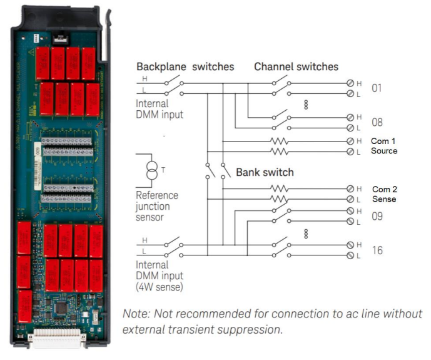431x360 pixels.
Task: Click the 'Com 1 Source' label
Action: click(384, 146)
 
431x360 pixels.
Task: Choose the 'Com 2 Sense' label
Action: click(384, 194)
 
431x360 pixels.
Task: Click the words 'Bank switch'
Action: click(265, 172)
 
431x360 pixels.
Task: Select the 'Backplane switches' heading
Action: click(186, 67)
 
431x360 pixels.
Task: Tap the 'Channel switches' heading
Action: click(296, 67)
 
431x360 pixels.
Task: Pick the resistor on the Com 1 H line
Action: click(280, 141)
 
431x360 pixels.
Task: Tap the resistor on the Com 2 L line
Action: click(280, 199)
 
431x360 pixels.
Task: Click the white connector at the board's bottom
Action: click(56, 339)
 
